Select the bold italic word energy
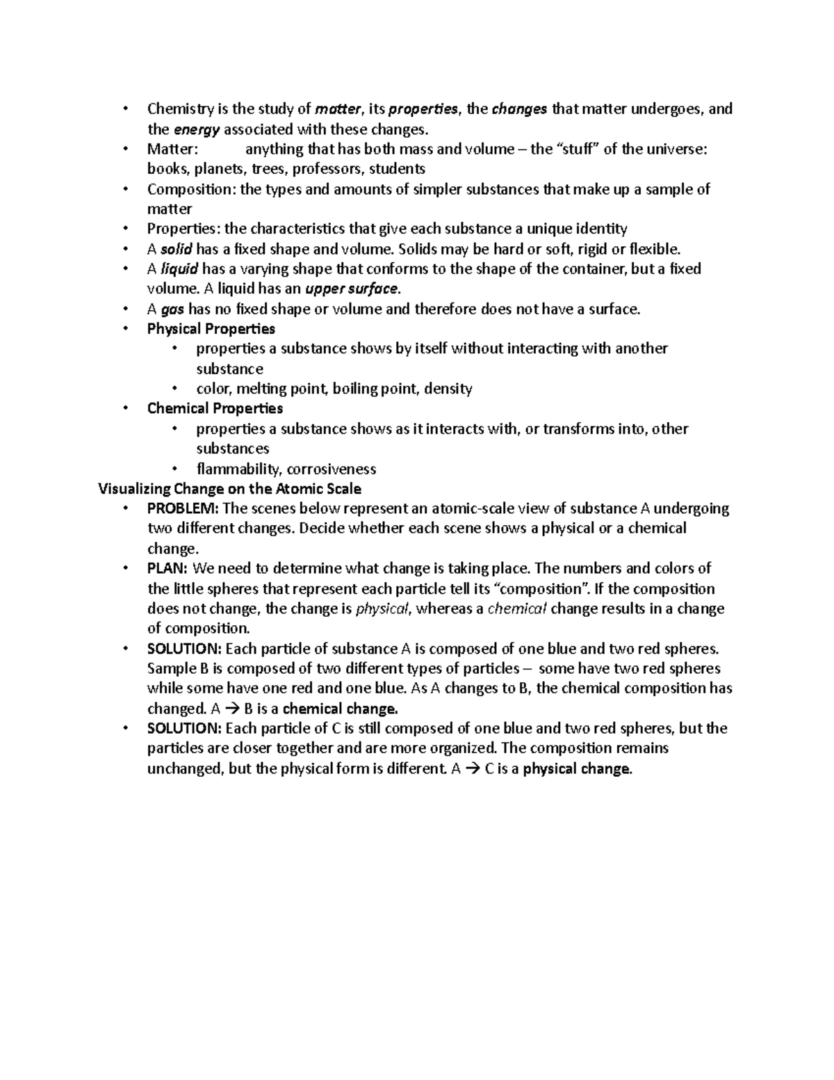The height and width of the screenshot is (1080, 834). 196,129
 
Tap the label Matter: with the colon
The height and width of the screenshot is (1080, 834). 172,150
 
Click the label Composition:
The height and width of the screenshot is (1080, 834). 191,189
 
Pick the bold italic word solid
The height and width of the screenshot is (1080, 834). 176,249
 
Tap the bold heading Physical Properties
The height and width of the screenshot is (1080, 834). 211,329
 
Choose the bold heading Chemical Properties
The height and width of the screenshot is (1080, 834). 215,408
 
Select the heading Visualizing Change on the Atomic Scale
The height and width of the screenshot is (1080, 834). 229,488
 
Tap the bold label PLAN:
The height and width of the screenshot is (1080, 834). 167,569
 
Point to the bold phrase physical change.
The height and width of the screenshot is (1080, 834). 577,769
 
